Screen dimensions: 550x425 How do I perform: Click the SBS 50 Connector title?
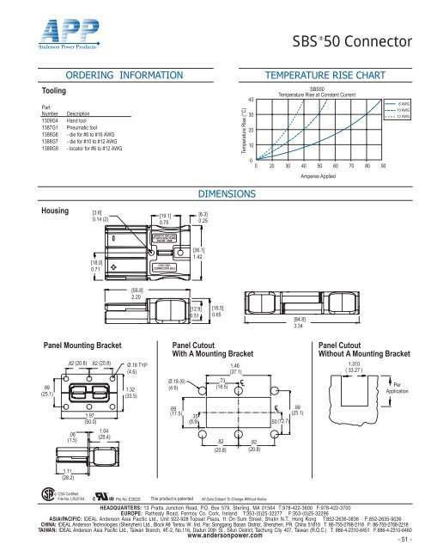point(349,41)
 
